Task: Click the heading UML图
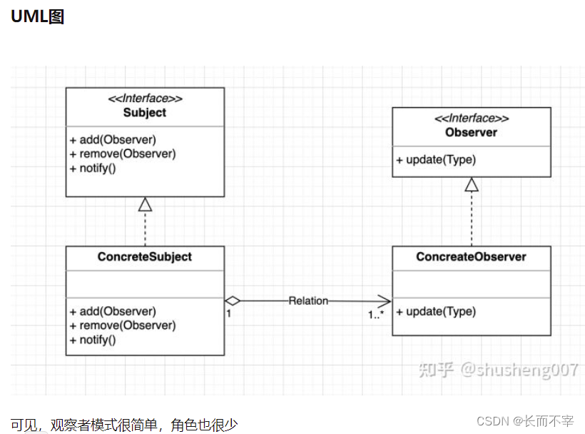(x=38, y=17)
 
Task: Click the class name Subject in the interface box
(x=145, y=113)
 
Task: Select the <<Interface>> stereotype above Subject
(x=145, y=99)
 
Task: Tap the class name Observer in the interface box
(x=471, y=132)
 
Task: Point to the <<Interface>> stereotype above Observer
(x=471, y=118)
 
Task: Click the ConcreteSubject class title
(x=145, y=257)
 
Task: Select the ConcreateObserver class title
(x=471, y=257)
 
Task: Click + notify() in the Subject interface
(x=93, y=168)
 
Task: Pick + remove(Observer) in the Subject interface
(x=123, y=154)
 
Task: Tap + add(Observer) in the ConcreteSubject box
(x=113, y=311)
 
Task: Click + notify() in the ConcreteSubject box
(x=93, y=340)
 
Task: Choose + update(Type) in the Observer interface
(x=436, y=160)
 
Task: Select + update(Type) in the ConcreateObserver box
(x=436, y=312)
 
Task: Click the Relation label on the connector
(x=308, y=301)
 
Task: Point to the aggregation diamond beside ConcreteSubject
(x=233, y=301)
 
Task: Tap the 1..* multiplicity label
(x=376, y=314)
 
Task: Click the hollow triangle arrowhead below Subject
(x=145, y=204)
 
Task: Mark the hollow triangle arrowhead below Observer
(x=471, y=185)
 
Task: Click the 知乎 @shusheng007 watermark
(x=497, y=370)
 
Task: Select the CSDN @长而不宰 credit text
(x=525, y=420)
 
